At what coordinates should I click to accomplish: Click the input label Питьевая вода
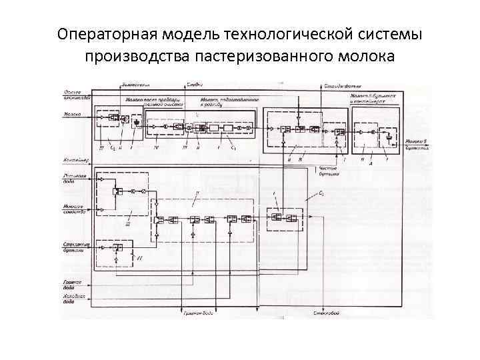74,177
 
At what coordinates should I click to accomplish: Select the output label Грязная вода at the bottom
198,313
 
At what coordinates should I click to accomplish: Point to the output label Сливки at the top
194,85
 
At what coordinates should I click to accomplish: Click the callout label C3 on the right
321,193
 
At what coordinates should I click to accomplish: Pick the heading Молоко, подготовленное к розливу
229,101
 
